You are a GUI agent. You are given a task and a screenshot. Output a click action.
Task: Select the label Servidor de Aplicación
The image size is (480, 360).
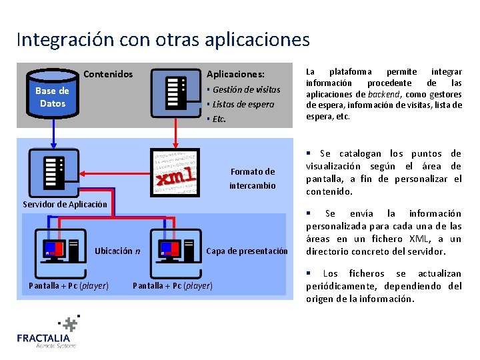[65, 204]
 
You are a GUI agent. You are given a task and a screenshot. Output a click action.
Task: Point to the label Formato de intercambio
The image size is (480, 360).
[252, 179]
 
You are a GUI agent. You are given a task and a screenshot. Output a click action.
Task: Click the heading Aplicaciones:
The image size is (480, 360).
[235, 74]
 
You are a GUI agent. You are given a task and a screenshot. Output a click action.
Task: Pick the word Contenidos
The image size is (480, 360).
[108, 74]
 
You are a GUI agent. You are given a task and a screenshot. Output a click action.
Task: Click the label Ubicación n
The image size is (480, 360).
[117, 251]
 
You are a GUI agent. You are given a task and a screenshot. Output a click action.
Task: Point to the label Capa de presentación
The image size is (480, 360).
[247, 251]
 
